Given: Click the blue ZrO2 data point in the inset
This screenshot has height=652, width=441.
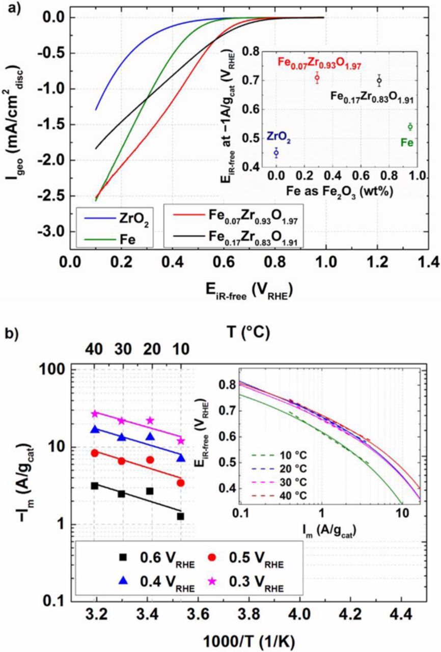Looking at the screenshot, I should [x=277, y=152].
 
